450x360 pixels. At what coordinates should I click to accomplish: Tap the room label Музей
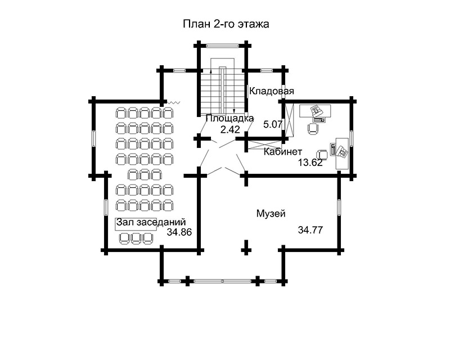pos(271,214)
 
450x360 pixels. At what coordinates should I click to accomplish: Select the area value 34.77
pos(310,229)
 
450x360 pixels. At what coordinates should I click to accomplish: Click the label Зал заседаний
pos(151,223)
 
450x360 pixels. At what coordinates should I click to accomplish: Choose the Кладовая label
pos(272,91)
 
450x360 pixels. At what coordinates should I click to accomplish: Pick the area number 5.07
pos(273,123)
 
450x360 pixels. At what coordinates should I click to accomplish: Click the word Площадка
pos(229,119)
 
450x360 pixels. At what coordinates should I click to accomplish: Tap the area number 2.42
pos(230,129)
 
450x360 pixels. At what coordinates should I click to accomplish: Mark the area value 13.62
pos(310,163)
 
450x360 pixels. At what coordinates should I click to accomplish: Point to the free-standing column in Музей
pos(246,246)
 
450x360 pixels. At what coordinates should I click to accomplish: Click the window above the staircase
pos(223,44)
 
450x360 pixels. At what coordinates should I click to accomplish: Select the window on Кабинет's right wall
pos(351,138)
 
